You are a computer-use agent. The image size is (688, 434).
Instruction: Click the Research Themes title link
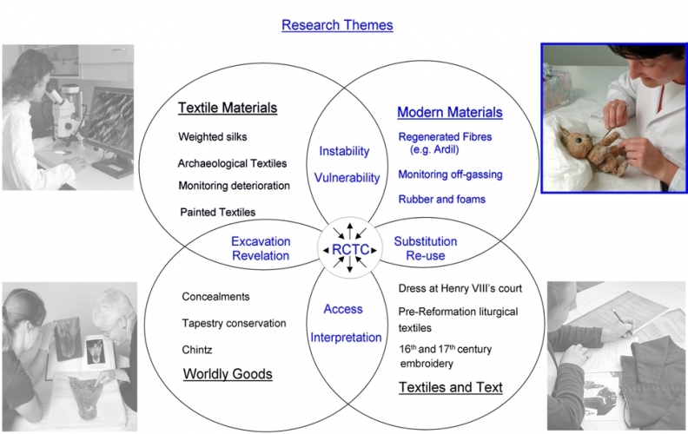click(337, 25)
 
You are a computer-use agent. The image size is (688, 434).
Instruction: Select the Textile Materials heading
click(228, 108)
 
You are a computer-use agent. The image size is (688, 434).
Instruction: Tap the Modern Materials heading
click(449, 113)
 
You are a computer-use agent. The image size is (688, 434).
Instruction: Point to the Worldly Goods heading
click(228, 374)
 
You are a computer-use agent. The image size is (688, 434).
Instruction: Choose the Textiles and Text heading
click(450, 387)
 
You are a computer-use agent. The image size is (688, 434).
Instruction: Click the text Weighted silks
click(213, 137)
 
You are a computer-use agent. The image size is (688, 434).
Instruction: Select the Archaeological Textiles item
click(232, 163)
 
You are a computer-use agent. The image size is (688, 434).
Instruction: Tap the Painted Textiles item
click(217, 212)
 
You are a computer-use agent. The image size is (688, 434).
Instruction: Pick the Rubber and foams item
click(441, 199)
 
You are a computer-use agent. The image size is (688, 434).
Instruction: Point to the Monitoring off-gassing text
click(450, 174)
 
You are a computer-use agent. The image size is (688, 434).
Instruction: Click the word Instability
click(345, 151)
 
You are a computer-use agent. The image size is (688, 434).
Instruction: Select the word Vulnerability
click(347, 178)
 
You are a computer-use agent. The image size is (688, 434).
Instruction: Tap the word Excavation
click(261, 240)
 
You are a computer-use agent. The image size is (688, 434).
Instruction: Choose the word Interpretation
click(346, 337)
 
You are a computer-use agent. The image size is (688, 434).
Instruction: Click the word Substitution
click(426, 240)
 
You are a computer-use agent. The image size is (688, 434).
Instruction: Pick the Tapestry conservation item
click(234, 323)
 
